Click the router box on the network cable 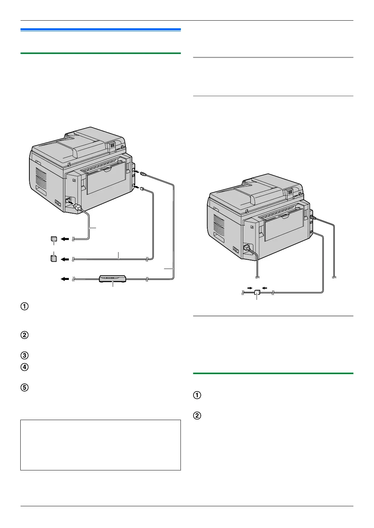(112, 278)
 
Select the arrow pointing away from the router (65, 279)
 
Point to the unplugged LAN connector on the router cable (143, 174)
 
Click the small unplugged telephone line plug (142, 188)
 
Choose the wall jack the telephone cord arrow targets (54, 259)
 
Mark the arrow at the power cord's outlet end (65, 239)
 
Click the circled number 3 (25, 355)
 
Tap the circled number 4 (25, 367)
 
